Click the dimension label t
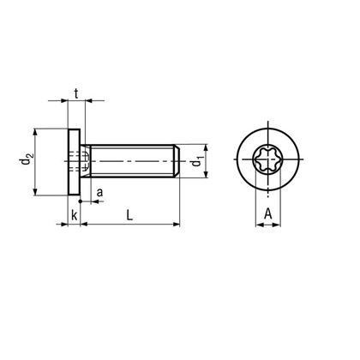(77, 93)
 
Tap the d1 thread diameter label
(196, 160)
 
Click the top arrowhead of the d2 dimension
(34, 132)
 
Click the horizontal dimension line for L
(129, 224)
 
